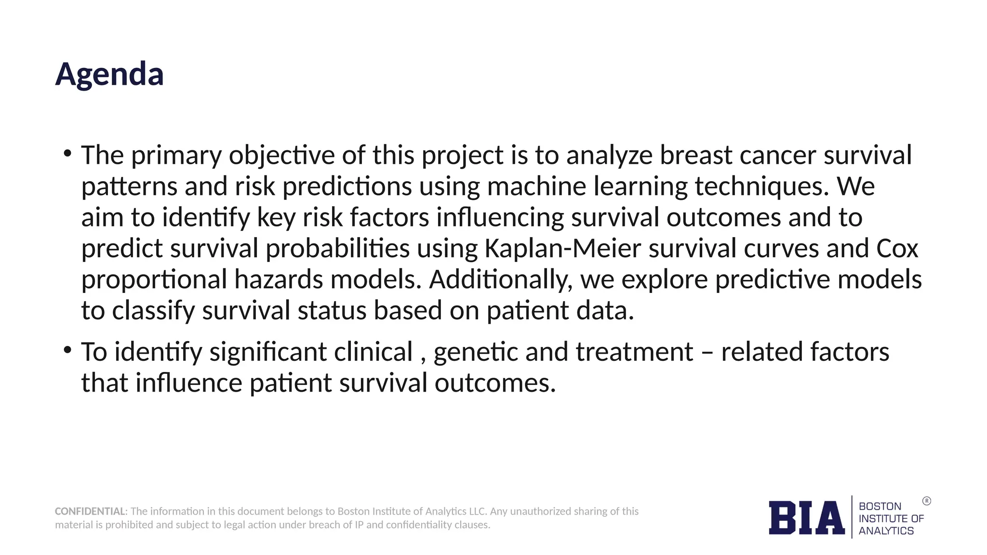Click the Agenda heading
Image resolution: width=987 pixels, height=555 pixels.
pos(109,75)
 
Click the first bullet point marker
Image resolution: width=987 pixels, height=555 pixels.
pos(67,154)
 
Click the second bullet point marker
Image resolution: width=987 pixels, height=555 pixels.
pos(67,350)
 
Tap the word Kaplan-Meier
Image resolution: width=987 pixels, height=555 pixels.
pos(562,249)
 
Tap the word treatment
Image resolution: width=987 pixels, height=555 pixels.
pos(634,352)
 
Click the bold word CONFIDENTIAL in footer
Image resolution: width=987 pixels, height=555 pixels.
pos(90,511)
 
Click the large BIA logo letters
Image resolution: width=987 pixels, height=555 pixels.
pos(806,518)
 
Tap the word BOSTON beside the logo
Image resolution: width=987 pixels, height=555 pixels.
pos(880,506)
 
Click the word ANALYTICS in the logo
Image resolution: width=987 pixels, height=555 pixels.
pos(886,531)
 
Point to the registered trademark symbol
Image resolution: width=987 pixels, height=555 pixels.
pos(926,501)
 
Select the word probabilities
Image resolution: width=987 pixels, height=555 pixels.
pos(337,249)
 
